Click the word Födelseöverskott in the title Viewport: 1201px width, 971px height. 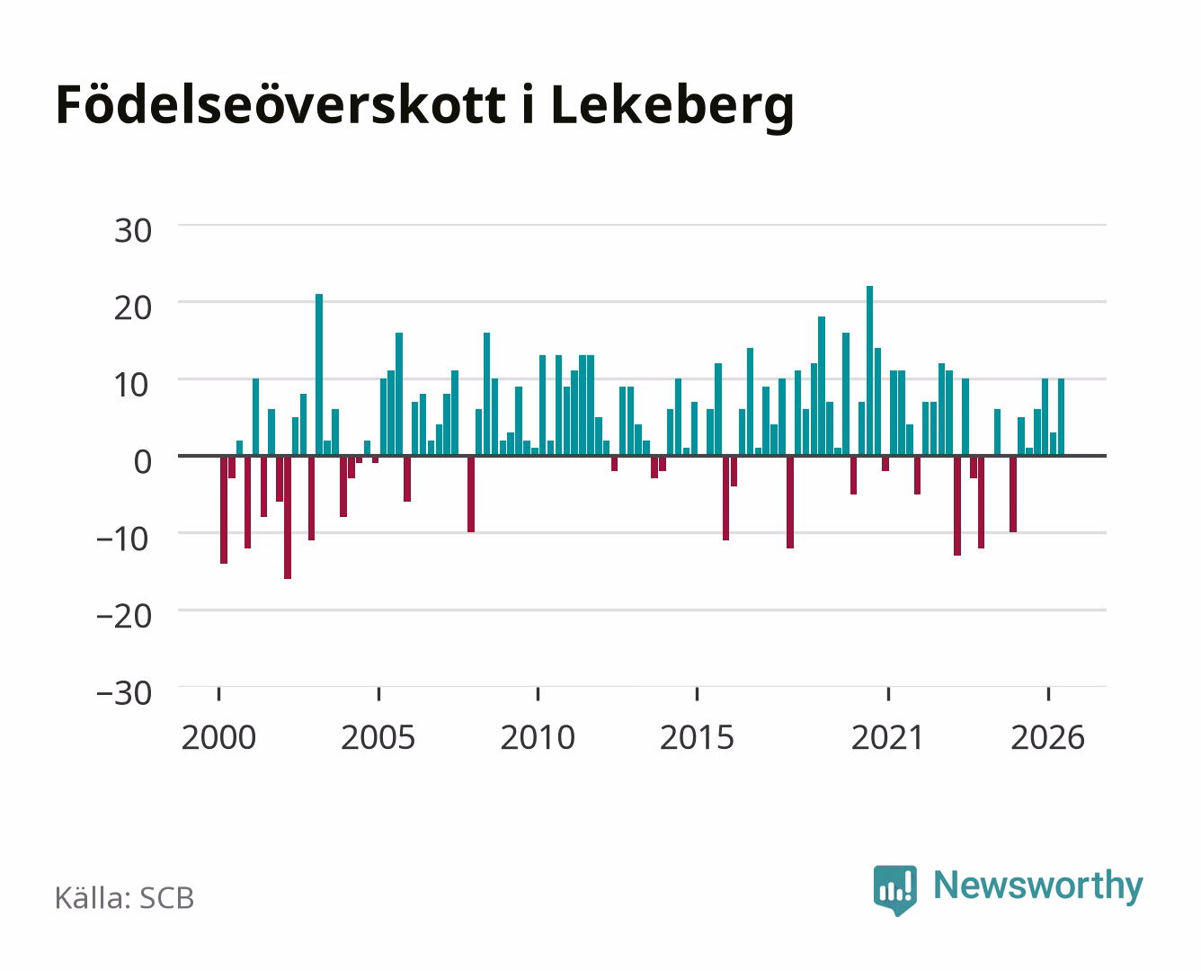point(280,105)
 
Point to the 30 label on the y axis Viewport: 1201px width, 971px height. point(133,231)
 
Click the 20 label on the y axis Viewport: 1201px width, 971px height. point(133,308)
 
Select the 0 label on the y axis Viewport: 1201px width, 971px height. point(143,462)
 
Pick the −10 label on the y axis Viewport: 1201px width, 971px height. point(124,539)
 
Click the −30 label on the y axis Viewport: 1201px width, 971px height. point(124,693)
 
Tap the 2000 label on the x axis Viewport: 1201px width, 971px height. point(218,737)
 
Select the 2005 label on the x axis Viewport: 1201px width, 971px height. point(378,737)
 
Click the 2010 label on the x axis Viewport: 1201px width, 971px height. point(538,737)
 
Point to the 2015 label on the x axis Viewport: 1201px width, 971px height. point(698,737)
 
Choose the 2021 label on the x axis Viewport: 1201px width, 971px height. point(888,737)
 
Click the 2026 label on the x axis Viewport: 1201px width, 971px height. point(1048,737)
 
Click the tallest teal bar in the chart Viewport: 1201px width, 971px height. point(869,370)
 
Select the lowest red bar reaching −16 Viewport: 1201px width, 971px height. point(288,517)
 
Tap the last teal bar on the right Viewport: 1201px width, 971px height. point(1061,416)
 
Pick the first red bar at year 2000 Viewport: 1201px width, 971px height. point(224,510)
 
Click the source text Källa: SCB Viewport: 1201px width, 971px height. point(125,898)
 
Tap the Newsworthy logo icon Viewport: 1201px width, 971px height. point(894,890)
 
